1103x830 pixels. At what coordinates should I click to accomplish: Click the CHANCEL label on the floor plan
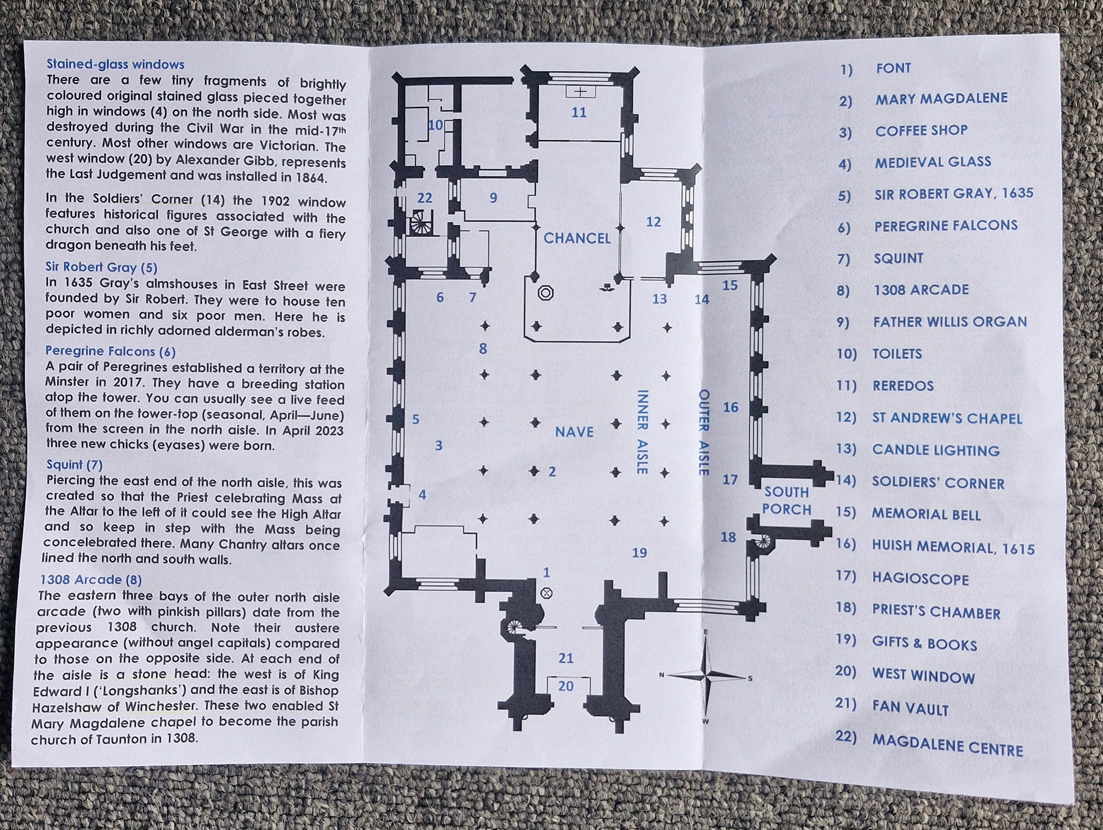[x=577, y=238]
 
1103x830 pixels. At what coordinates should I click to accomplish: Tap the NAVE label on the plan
[x=574, y=432]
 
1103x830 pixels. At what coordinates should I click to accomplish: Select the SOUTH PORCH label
[x=786, y=501]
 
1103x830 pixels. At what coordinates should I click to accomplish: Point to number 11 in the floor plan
[x=579, y=112]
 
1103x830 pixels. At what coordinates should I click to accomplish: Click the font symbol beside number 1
[x=546, y=593]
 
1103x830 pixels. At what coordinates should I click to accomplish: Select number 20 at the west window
[x=566, y=686]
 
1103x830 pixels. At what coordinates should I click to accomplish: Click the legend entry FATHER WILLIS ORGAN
[x=950, y=322]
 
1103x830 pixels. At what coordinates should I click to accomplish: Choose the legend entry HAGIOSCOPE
[x=920, y=579]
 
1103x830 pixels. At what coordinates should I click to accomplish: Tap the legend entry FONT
[x=893, y=68]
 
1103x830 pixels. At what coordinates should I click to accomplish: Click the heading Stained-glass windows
[x=115, y=64]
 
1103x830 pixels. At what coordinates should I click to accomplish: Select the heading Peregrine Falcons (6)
[x=110, y=351]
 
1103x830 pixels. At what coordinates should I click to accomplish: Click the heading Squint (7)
[x=74, y=464]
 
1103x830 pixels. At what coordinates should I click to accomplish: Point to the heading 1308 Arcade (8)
[x=91, y=580]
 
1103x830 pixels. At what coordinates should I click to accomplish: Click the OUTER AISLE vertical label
[x=704, y=432]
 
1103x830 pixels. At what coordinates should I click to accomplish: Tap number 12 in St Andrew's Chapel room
[x=653, y=222]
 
